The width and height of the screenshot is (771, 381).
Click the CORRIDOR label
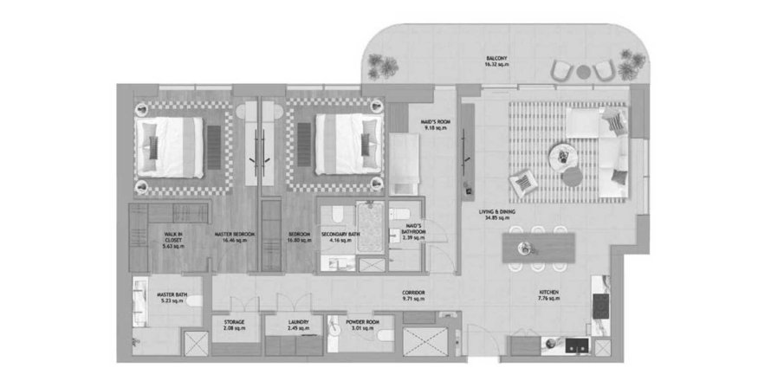click(413, 293)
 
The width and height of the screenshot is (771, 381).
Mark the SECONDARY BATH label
click(336, 234)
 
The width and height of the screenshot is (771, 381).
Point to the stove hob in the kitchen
click(599, 304)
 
